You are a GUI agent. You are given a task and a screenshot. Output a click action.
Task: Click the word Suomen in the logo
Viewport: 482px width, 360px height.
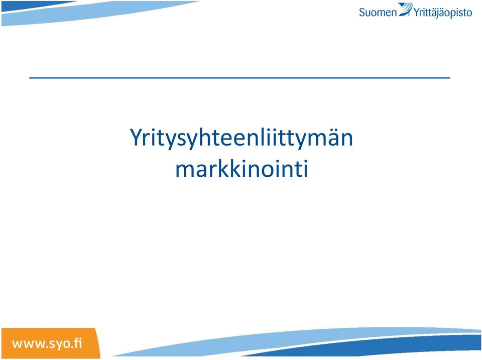[378, 12]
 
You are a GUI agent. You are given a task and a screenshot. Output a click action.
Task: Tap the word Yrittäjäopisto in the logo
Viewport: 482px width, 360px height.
[443, 13]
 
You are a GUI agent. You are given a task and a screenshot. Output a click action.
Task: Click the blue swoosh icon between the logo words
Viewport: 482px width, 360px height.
[406, 9]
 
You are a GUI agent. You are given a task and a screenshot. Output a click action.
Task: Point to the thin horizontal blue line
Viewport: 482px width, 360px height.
[240, 78]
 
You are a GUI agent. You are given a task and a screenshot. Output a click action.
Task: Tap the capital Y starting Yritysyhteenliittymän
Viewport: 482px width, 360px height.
[137, 137]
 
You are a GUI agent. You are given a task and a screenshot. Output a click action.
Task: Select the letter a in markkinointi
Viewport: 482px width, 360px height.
[201, 171]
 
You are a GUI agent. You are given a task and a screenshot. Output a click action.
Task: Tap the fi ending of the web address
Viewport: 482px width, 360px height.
[78, 342]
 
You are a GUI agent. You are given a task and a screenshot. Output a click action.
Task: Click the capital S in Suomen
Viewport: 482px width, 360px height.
[363, 13]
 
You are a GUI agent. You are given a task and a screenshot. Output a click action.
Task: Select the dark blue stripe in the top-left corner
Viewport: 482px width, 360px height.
[34, 6]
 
